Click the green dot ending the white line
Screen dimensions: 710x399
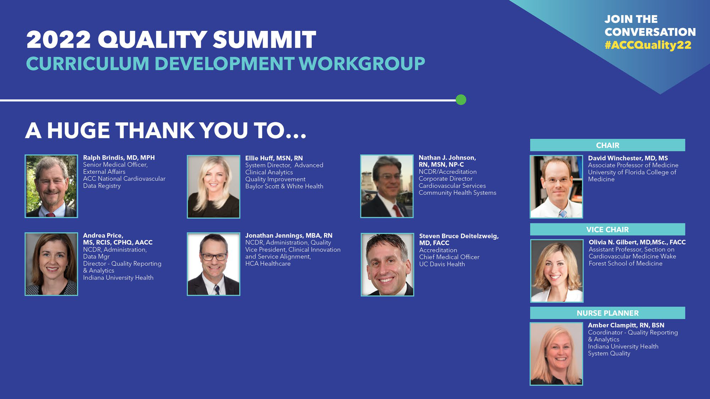coord(461,100)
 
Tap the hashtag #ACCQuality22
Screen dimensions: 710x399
coord(648,45)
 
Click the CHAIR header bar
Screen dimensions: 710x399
coord(607,145)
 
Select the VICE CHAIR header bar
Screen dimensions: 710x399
coord(607,229)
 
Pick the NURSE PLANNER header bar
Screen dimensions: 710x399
coord(607,313)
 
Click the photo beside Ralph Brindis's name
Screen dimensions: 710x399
coord(51,186)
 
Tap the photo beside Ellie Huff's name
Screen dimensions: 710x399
coord(214,187)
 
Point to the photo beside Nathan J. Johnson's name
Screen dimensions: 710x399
coord(387,186)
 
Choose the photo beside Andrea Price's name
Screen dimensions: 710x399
coord(51,264)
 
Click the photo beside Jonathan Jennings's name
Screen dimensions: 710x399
coord(214,264)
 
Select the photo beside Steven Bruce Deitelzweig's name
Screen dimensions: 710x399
coord(387,265)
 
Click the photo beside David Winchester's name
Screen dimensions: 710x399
coord(556,187)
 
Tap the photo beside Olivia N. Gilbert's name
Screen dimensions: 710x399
coord(557,271)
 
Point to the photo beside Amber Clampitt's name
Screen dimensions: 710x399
coord(556,354)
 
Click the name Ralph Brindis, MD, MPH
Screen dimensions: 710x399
coord(119,158)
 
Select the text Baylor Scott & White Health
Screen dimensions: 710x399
coord(284,186)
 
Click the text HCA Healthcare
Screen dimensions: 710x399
coord(268,264)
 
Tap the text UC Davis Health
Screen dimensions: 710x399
coord(442,264)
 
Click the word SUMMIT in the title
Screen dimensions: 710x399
coord(264,39)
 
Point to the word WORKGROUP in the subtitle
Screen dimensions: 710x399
coord(362,64)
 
